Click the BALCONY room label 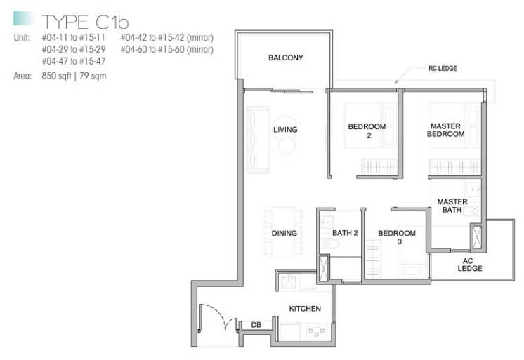[286, 58]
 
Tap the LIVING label [285, 130]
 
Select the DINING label [284, 233]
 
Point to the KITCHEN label [305, 309]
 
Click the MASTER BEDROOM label [445, 130]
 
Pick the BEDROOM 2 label [367, 131]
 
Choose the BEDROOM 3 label [397, 237]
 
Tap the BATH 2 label [345, 233]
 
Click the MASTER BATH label [452, 206]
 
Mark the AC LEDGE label [470, 265]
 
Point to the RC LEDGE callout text [443, 69]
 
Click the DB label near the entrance [256, 325]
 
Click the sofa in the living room [258, 140]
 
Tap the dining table [283, 232]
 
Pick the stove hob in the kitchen [316, 331]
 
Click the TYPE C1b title [85, 22]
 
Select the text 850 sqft [56, 76]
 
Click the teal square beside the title [23, 18]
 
